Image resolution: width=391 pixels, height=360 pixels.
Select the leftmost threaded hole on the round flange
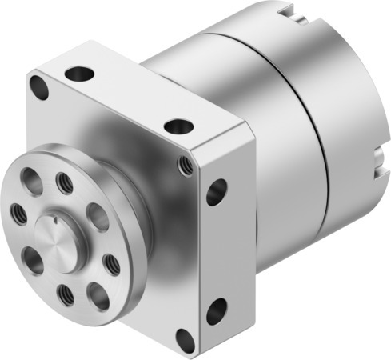(17, 212)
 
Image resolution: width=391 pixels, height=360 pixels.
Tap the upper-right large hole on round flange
(96, 216)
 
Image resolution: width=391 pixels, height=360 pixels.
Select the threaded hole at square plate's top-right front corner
(186, 165)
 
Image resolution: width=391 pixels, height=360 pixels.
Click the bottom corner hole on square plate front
(185, 338)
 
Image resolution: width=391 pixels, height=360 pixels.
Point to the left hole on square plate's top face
(79, 74)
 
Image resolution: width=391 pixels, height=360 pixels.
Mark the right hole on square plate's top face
(178, 126)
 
